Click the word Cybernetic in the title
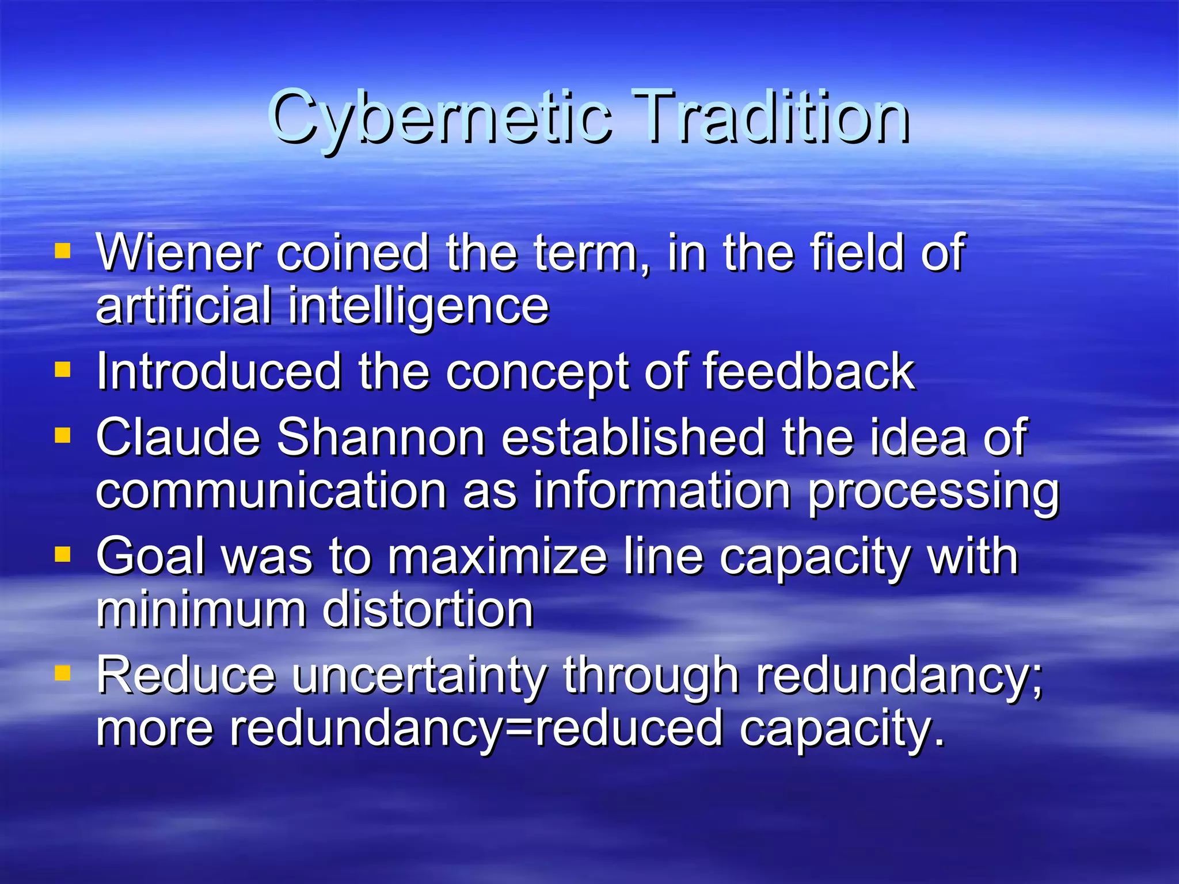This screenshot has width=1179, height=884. pyautogui.click(x=440, y=118)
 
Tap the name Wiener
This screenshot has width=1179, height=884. pyautogui.click(x=178, y=253)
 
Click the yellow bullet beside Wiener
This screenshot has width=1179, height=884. pyautogui.click(x=62, y=251)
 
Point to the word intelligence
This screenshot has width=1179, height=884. pyautogui.click(x=419, y=307)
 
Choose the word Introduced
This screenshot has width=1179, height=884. pyautogui.click(x=219, y=372)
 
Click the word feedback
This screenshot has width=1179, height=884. pyautogui.click(x=809, y=372)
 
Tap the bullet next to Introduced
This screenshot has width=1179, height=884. pyautogui.click(x=62, y=369)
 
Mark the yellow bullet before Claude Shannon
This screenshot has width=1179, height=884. pyautogui.click(x=62, y=435)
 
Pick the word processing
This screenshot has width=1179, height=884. pyautogui.click(x=933, y=491)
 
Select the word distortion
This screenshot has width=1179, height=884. pyautogui.click(x=428, y=610)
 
